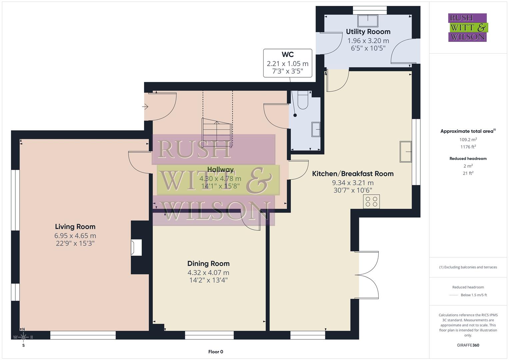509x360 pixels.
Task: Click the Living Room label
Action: [x=75, y=227]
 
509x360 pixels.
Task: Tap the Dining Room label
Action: [x=208, y=264]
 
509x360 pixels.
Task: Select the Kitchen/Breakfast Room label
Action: [x=353, y=174]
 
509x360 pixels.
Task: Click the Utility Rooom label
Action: [x=368, y=32]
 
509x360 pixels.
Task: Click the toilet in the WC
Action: [x=303, y=101]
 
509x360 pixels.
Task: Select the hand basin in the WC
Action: [x=316, y=129]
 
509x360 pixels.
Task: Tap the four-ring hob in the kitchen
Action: [x=371, y=202]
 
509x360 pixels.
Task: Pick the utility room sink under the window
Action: [x=368, y=21]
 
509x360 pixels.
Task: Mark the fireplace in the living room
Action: [x=136, y=248]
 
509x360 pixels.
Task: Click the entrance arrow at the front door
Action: [x=145, y=107]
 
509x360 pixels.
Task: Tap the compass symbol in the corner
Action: [x=23, y=337]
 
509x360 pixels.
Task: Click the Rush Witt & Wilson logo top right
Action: [x=467, y=28]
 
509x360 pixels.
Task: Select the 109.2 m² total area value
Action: [x=468, y=140]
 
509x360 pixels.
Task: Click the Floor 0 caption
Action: [x=215, y=352]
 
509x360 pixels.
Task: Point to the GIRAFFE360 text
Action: [x=468, y=345]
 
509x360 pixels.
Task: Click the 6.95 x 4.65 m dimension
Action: [x=75, y=236]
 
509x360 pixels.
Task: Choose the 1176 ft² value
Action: [x=468, y=147]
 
